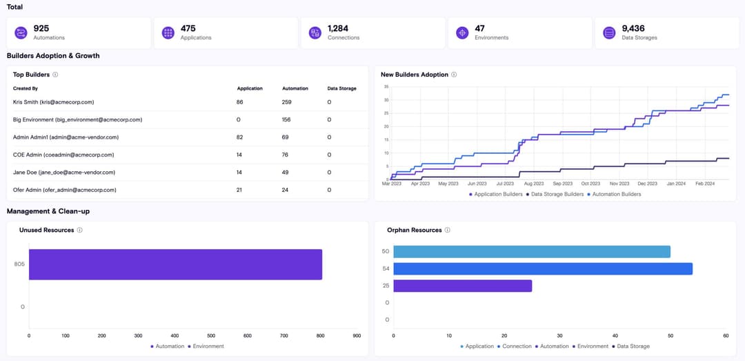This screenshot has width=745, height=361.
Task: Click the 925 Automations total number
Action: (41, 28)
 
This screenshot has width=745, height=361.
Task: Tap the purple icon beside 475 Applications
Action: (168, 33)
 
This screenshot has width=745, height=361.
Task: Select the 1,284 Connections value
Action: (338, 28)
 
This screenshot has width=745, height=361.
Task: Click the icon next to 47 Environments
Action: (461, 33)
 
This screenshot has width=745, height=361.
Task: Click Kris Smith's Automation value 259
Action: (287, 102)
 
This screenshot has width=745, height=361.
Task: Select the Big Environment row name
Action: (77, 119)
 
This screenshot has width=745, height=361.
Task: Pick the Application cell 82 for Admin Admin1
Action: (240, 137)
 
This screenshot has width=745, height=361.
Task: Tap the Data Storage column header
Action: (341, 88)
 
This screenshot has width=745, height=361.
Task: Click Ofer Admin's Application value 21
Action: (240, 190)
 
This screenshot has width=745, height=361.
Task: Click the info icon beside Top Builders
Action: (55, 75)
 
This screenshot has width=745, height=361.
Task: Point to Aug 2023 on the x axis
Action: (533, 184)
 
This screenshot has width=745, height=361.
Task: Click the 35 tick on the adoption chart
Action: (386, 87)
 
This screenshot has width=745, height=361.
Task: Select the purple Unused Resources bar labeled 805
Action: (175, 264)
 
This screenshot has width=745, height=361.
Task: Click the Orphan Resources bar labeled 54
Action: (542, 269)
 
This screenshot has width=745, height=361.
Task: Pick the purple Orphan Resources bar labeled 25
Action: (462, 286)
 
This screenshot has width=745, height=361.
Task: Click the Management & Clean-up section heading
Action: (48, 211)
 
